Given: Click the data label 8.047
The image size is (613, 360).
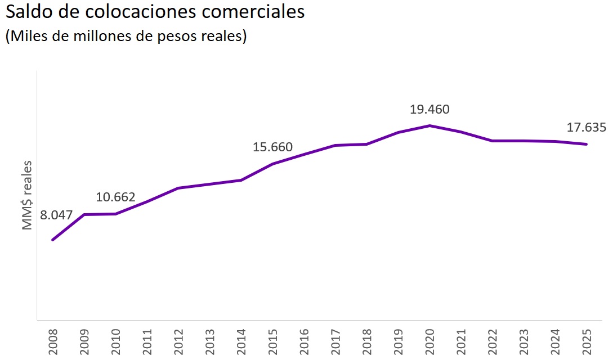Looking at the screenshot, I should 56,215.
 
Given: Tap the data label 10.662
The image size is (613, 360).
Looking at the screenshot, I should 115,197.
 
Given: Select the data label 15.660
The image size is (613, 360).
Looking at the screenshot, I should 272,147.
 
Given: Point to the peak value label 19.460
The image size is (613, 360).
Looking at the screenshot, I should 429,110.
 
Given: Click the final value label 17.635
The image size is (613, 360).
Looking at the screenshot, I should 586,128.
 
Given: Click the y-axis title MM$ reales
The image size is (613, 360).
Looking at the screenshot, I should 28,195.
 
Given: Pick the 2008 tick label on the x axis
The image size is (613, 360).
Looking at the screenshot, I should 53,341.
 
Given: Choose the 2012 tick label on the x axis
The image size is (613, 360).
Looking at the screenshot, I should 178,341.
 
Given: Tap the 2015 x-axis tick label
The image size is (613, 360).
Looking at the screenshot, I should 272,341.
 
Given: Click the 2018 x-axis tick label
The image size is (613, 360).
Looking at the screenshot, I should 367,341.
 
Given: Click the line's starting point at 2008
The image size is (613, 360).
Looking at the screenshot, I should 53,240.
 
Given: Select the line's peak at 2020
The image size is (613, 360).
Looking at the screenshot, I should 430,125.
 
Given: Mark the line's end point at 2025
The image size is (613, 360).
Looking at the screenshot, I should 587,144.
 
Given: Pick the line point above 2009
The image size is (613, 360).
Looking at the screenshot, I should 84,214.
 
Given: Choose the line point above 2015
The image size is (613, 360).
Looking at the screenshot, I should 272,164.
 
